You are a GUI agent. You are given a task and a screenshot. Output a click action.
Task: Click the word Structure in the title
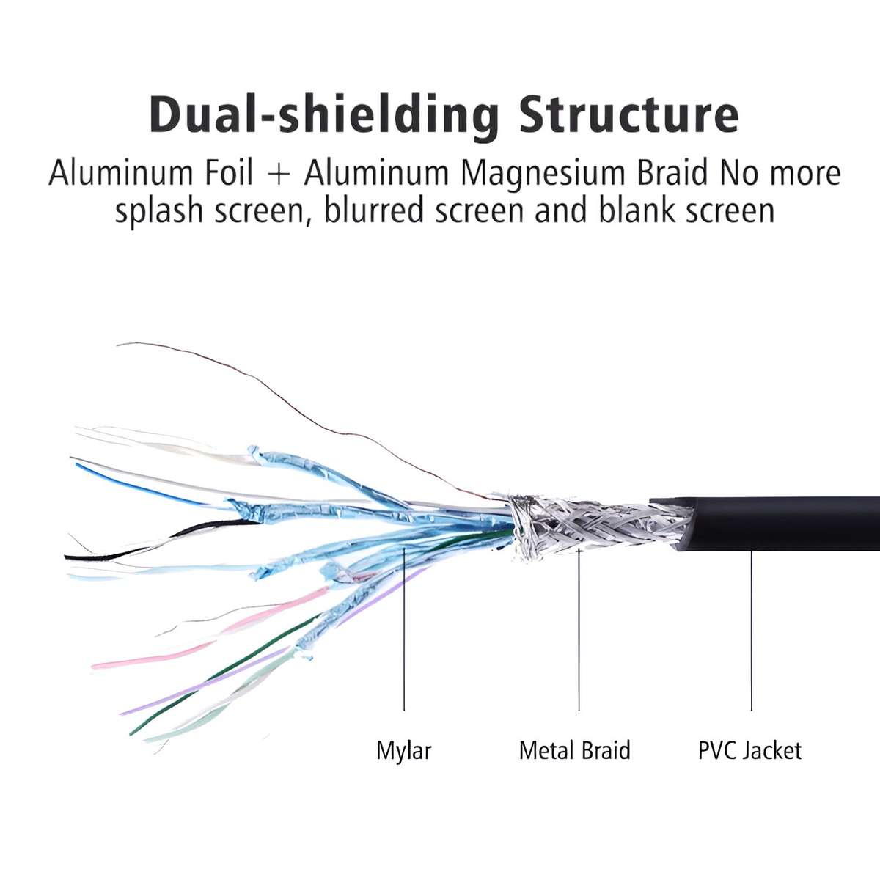click(628, 114)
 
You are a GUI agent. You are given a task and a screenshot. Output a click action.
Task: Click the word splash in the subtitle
click(158, 210)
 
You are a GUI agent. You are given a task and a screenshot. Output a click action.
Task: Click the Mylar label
click(403, 750)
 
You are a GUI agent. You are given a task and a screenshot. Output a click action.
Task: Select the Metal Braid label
click(574, 750)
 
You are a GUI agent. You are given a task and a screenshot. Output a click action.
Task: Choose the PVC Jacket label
click(749, 750)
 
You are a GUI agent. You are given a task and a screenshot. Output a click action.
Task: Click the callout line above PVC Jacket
click(751, 631)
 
